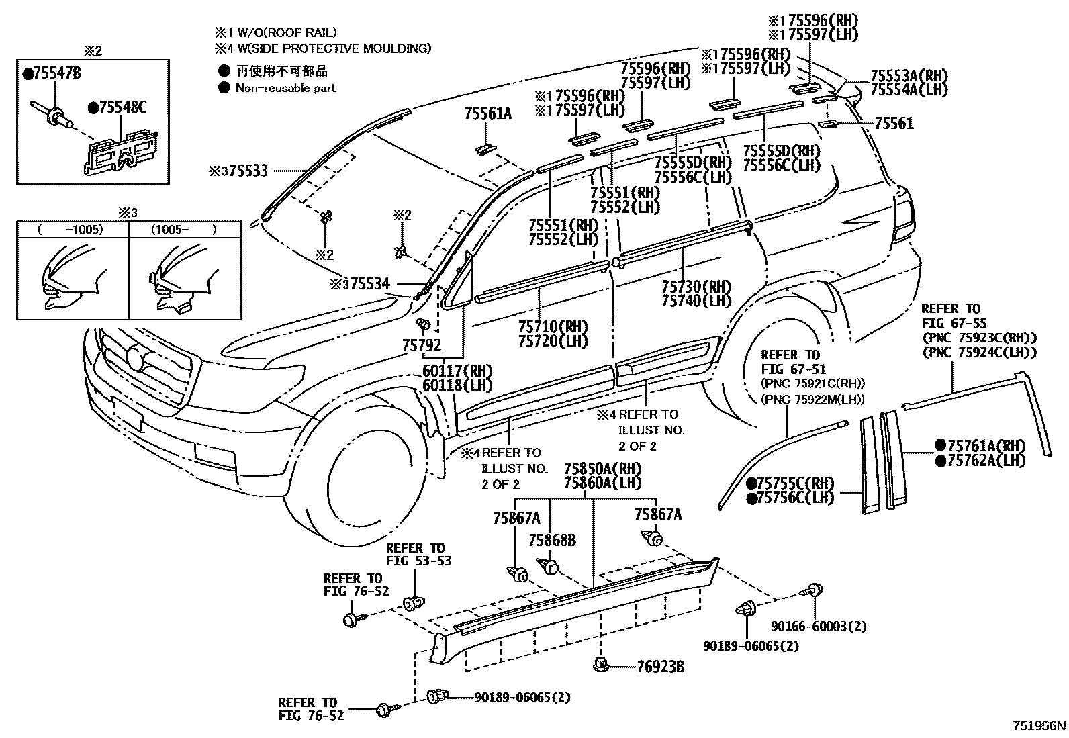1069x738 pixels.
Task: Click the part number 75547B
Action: coord(56,74)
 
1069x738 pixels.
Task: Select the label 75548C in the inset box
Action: coord(122,107)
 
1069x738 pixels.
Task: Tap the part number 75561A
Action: coord(487,115)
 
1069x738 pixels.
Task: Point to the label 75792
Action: coord(422,346)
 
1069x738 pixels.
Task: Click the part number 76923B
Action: coord(661,667)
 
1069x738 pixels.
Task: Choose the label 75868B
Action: coord(552,541)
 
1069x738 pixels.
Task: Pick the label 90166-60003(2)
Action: coord(819,627)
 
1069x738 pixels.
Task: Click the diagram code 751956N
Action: coord(1039,726)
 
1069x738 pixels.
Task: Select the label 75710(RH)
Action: coord(553,327)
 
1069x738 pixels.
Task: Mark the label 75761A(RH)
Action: coord(986,446)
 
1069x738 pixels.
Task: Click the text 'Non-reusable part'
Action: coord(286,88)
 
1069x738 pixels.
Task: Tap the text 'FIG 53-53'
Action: coord(418,561)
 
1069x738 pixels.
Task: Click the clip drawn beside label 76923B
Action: coord(600,665)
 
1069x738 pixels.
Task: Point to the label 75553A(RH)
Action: coord(909,75)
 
